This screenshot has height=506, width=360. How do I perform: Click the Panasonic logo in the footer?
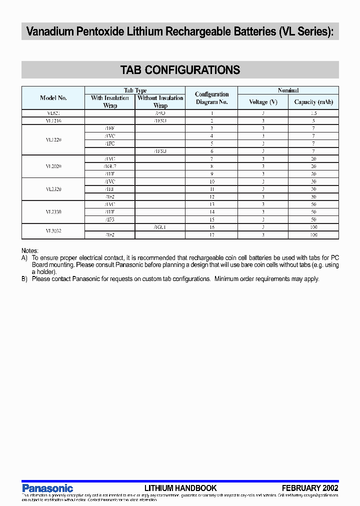click(47, 488)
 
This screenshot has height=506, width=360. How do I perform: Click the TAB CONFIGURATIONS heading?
click(180, 70)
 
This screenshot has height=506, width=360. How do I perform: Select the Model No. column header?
click(53, 98)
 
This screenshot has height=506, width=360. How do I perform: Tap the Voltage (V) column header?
click(263, 102)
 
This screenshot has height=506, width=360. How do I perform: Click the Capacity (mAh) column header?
click(313, 102)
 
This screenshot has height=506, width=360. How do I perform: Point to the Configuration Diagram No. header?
click(211, 98)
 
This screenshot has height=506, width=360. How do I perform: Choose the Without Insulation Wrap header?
click(160, 101)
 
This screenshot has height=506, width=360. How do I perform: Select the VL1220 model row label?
click(53, 140)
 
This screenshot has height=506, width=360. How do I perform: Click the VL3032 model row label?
click(53, 230)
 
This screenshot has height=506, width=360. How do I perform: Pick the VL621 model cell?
click(53, 113)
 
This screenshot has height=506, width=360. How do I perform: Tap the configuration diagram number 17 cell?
click(211, 234)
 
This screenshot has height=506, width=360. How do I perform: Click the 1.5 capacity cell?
click(313, 113)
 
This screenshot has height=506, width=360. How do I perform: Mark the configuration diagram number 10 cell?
click(211, 181)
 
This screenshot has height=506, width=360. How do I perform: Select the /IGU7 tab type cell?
click(110, 166)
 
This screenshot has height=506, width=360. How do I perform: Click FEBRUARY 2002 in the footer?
click(310, 488)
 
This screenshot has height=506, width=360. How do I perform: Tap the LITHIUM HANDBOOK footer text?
click(180, 488)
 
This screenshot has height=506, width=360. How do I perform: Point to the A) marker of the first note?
click(24, 258)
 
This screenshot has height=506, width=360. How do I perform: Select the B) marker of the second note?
click(24, 279)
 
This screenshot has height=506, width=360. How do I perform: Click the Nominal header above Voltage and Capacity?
click(288, 90)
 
